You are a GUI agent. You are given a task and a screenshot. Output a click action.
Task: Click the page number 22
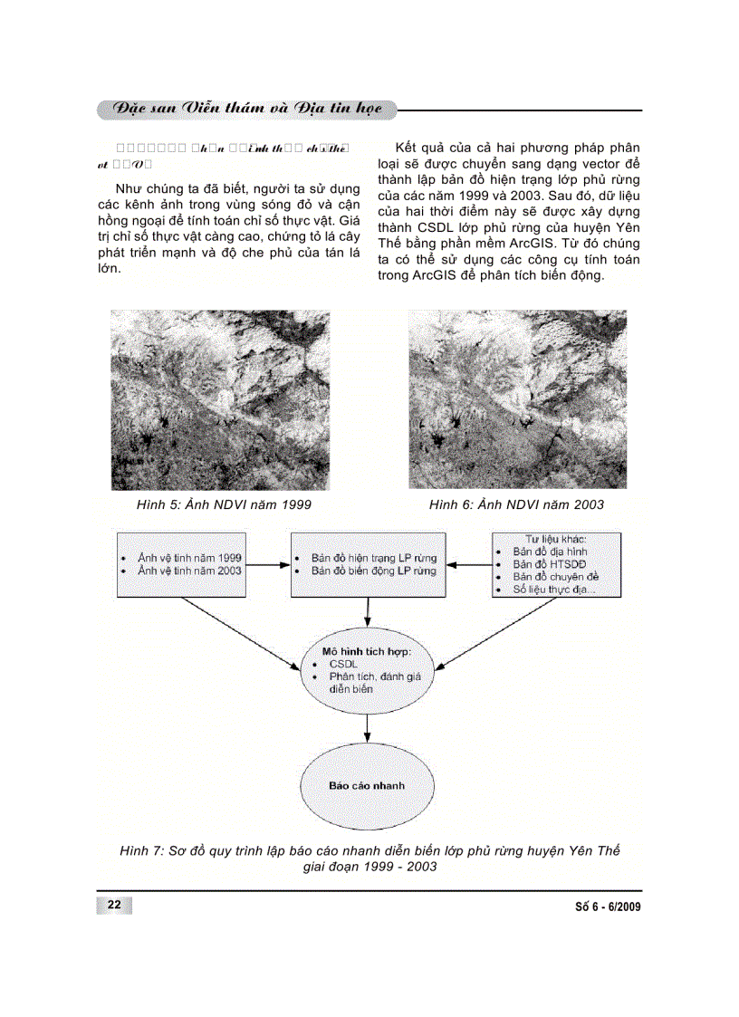(114, 906)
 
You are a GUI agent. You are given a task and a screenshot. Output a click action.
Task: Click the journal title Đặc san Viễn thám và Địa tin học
(245, 110)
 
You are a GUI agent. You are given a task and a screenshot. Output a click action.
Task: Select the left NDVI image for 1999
(220, 399)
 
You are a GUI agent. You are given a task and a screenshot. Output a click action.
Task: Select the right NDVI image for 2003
(517, 399)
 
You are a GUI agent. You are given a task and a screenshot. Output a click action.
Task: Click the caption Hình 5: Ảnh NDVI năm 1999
(217, 504)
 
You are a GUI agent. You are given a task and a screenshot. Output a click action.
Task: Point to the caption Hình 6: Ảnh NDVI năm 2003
(516, 504)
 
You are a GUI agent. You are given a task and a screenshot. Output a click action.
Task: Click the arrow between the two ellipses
(366, 726)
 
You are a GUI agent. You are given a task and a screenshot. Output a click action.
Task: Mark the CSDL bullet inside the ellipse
(344, 664)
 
